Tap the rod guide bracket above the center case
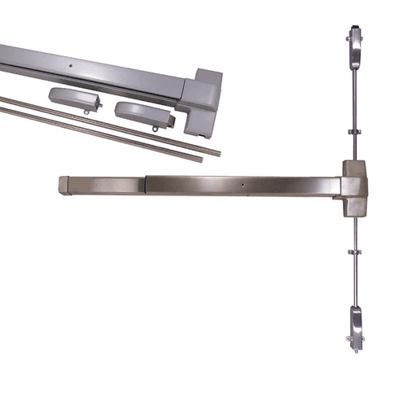(x=356, y=130)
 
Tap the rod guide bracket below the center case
(x=356, y=252)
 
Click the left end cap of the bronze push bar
(x=64, y=185)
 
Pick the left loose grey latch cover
(x=74, y=99)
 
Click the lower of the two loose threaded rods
(x=98, y=135)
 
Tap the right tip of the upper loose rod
(x=217, y=151)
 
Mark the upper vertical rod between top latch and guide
(x=356, y=94)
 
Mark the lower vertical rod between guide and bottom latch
(x=356, y=281)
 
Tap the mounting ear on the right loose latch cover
(x=155, y=127)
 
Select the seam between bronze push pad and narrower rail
(x=144, y=184)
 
